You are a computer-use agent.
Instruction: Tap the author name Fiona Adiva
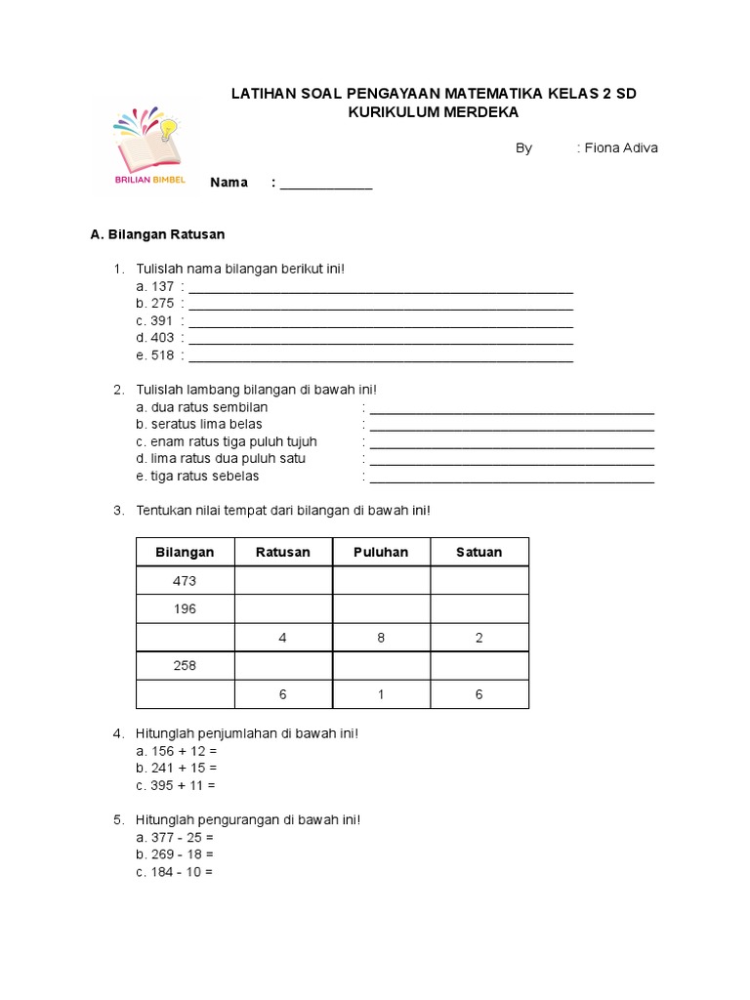coord(621,148)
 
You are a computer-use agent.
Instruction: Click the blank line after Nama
coord(326,183)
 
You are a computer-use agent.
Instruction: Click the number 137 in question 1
coord(162,286)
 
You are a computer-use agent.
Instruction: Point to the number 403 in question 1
coord(162,338)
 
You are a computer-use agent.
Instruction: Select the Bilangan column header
coord(185,552)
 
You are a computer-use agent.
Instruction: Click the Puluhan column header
coord(381,552)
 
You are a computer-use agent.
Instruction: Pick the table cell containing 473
coord(185,580)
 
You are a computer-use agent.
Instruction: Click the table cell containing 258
coord(185,665)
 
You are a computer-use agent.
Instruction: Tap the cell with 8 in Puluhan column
coord(381,637)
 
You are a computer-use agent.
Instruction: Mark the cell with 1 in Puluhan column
coord(381,693)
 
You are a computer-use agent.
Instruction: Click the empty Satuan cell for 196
coord(479,608)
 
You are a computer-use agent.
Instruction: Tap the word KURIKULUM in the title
coord(394,112)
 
